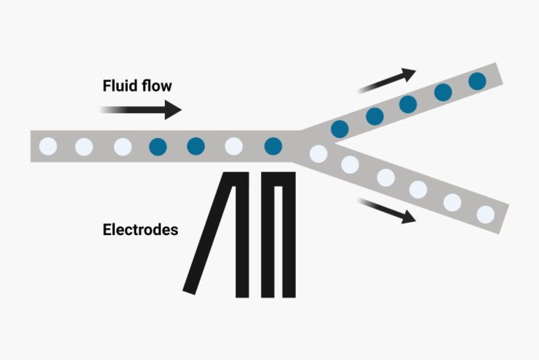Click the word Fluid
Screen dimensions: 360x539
point(118,85)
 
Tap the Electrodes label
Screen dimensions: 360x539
point(140,230)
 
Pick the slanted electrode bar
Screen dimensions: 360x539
point(209,234)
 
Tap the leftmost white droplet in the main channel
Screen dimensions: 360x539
point(48,147)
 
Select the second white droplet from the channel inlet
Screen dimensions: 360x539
point(84,147)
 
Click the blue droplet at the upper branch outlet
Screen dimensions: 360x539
point(477,81)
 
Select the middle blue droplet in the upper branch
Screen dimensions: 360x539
point(408,105)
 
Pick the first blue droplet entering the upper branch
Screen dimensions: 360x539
point(340,129)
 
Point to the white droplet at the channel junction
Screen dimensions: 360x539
point(318,154)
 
